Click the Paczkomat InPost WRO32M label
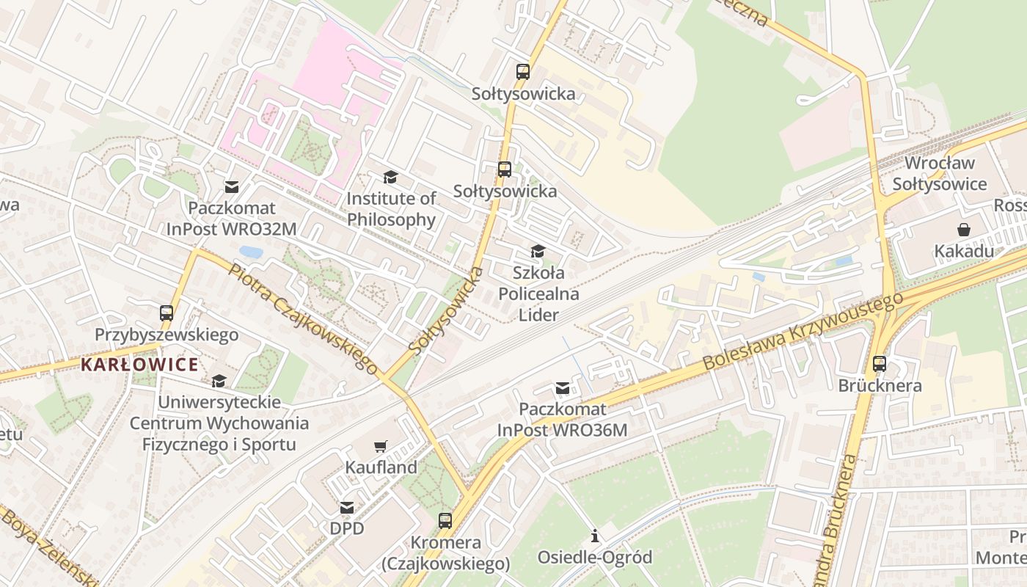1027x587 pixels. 232,218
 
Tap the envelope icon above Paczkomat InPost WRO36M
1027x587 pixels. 562,388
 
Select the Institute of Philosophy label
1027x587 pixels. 391,208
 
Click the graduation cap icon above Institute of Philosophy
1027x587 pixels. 390,178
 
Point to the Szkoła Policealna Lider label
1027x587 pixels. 538,294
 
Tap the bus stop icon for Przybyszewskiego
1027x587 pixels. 167,313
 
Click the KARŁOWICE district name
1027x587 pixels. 139,365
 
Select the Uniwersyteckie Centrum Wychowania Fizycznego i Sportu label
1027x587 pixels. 219,423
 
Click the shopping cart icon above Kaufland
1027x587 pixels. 380,446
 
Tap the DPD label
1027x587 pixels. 346,528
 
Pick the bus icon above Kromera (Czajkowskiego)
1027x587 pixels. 445,521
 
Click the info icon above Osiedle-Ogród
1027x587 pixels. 595,536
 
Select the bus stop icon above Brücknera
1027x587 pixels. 879,363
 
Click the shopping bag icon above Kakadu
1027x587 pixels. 963,230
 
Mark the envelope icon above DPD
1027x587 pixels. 346,507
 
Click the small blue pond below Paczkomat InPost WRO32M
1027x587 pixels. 251,252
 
